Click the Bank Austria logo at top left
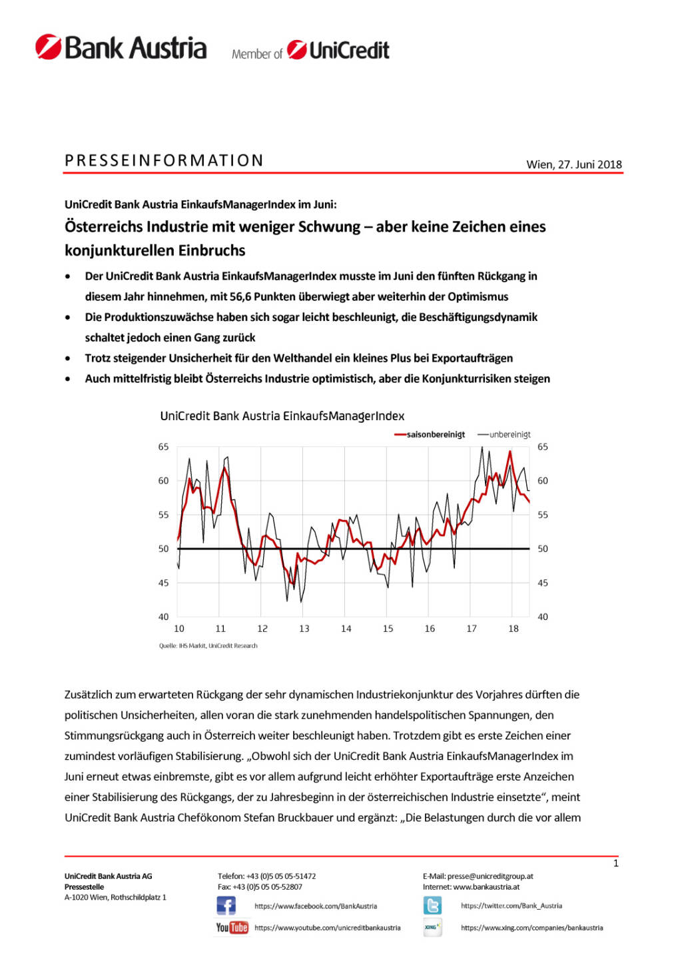tap(121, 48)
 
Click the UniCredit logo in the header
tap(338, 50)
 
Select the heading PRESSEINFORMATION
tap(164, 160)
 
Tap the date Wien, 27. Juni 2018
tap(573, 164)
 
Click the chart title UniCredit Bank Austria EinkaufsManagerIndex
tap(282, 416)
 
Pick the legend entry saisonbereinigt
tap(436, 435)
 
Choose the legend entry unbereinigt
tap(509, 435)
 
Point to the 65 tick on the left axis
tap(163, 447)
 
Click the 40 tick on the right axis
tap(543, 617)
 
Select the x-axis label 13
tap(304, 629)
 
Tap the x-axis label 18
tap(513, 629)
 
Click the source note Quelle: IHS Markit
tap(208, 645)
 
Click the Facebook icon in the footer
tap(226, 906)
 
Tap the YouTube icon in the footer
tap(232, 927)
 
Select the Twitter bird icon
tap(432, 906)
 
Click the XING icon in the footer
tap(432, 927)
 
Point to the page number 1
tap(615, 863)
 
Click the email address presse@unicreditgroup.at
tap(490, 876)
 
